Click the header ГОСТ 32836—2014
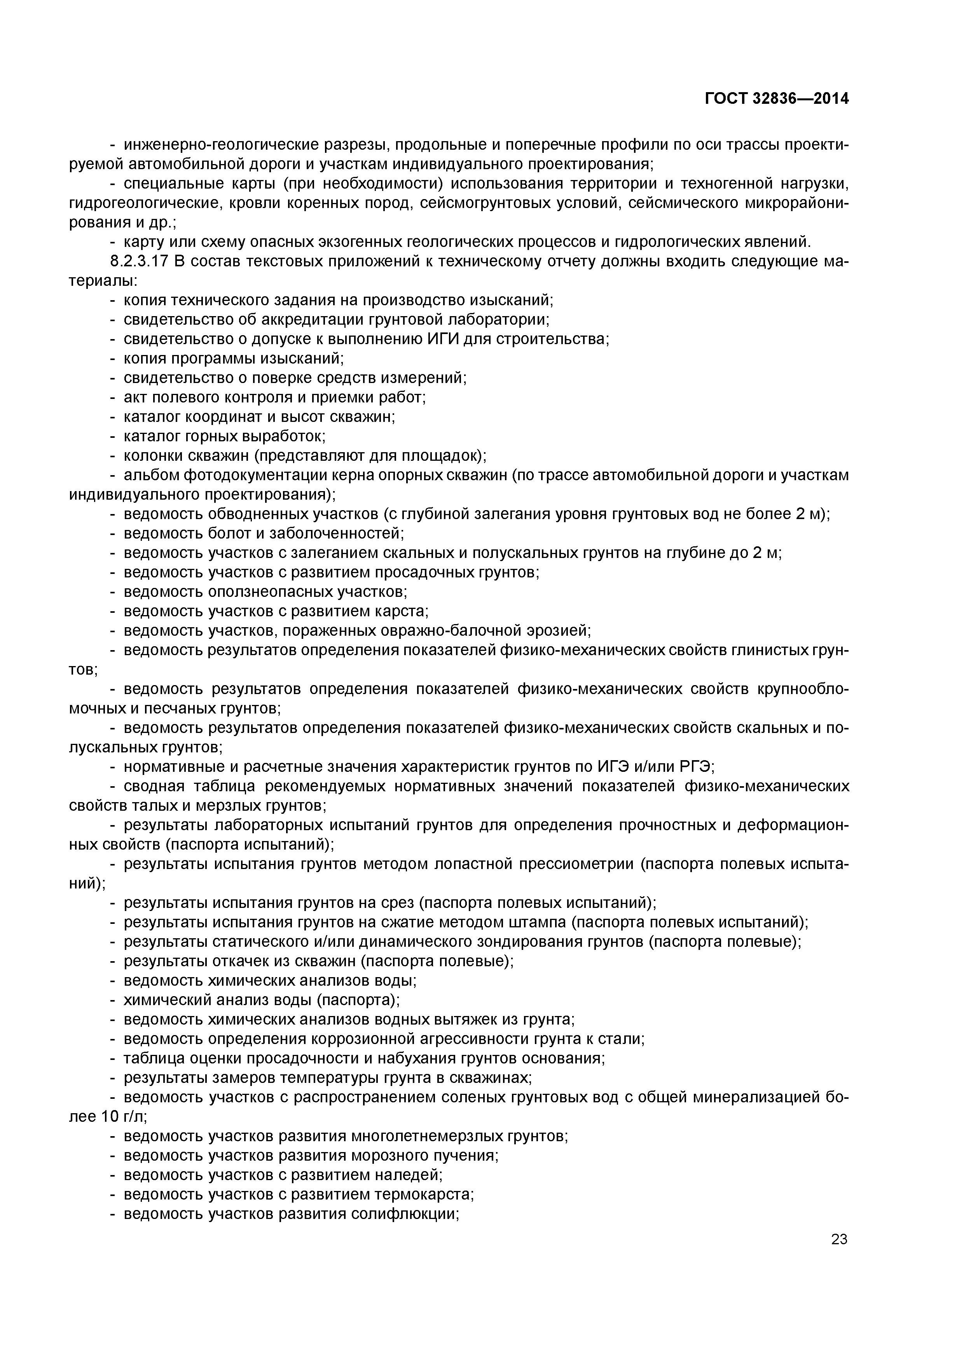777,99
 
